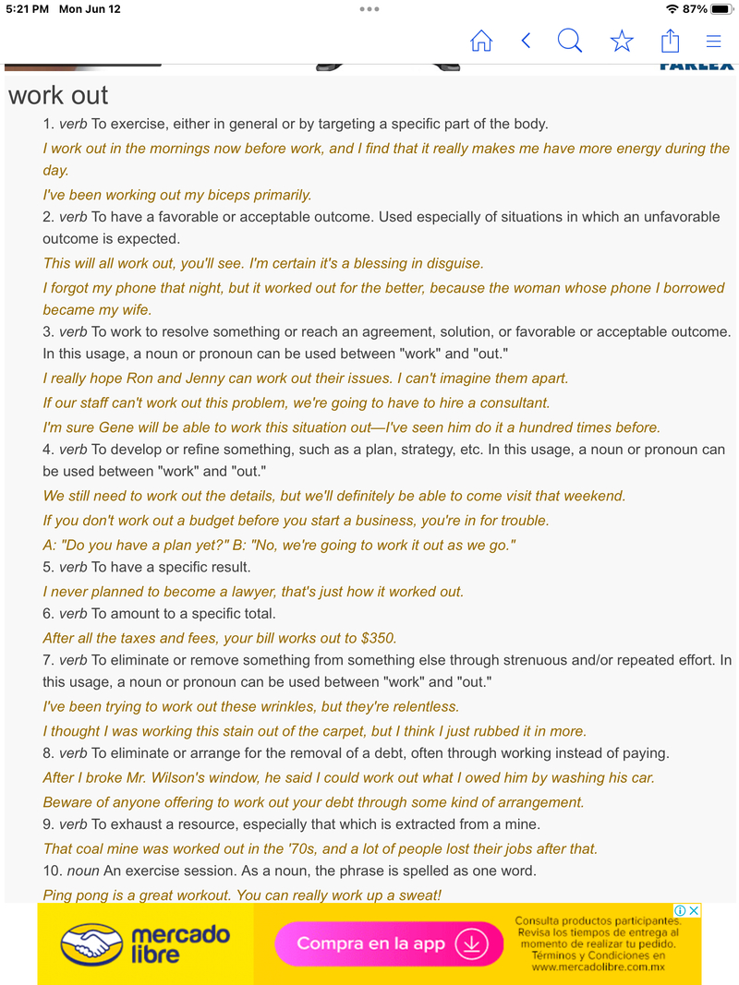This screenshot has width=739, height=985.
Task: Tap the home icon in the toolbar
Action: click(481, 41)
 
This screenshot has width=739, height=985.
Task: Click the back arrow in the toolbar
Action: click(526, 41)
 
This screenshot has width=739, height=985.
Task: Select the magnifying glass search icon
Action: click(570, 41)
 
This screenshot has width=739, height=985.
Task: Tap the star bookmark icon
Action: click(622, 41)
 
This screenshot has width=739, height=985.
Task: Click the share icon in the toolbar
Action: click(670, 41)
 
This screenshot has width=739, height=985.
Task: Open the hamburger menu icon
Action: click(713, 41)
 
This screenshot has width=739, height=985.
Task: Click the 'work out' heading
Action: click(58, 95)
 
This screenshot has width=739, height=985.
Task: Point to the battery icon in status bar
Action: click(721, 9)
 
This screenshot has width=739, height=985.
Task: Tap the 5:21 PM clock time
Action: click(27, 9)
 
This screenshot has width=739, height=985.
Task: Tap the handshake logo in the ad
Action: click(91, 943)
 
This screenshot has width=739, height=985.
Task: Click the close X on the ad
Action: click(695, 910)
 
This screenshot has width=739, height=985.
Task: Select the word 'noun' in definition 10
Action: click(84, 871)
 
